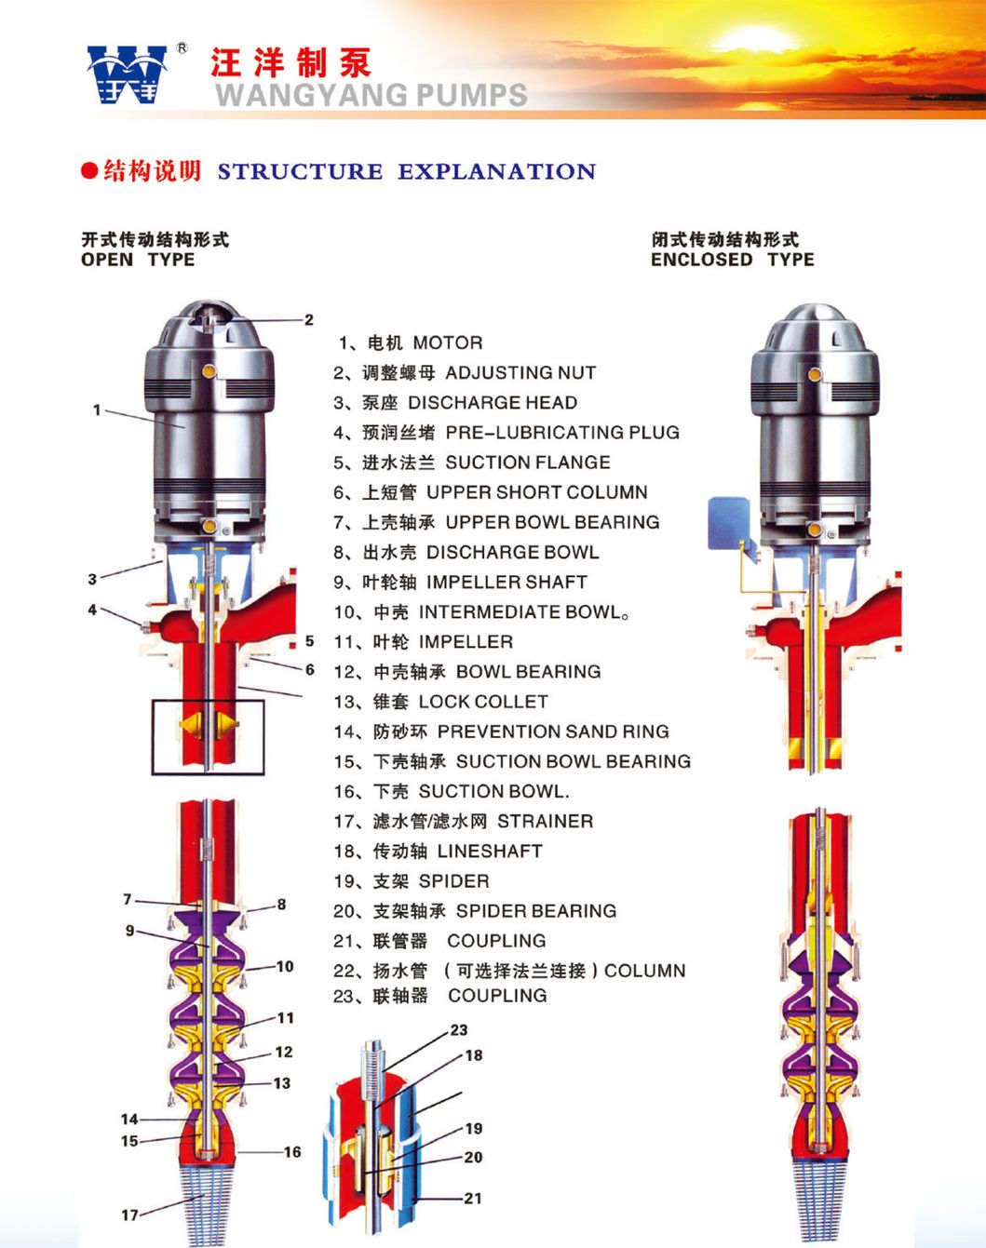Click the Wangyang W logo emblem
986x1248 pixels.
(x=127, y=74)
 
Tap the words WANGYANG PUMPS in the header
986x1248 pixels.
(x=371, y=94)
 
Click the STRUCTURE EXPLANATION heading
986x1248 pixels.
(x=406, y=172)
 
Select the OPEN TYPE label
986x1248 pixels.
(x=138, y=260)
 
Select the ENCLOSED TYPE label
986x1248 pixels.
(x=732, y=260)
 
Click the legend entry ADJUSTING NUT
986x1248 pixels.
(x=520, y=373)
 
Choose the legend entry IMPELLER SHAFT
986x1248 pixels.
(x=506, y=583)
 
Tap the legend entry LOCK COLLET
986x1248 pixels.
(x=482, y=702)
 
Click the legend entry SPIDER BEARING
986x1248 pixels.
(x=535, y=911)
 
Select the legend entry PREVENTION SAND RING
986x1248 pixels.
(x=552, y=731)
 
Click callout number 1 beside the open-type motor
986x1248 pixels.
(x=97, y=409)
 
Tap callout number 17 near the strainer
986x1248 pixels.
(x=129, y=1215)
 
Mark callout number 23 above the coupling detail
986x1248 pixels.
(x=459, y=1030)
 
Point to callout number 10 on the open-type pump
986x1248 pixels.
(x=284, y=967)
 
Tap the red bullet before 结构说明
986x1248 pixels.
(x=89, y=171)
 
